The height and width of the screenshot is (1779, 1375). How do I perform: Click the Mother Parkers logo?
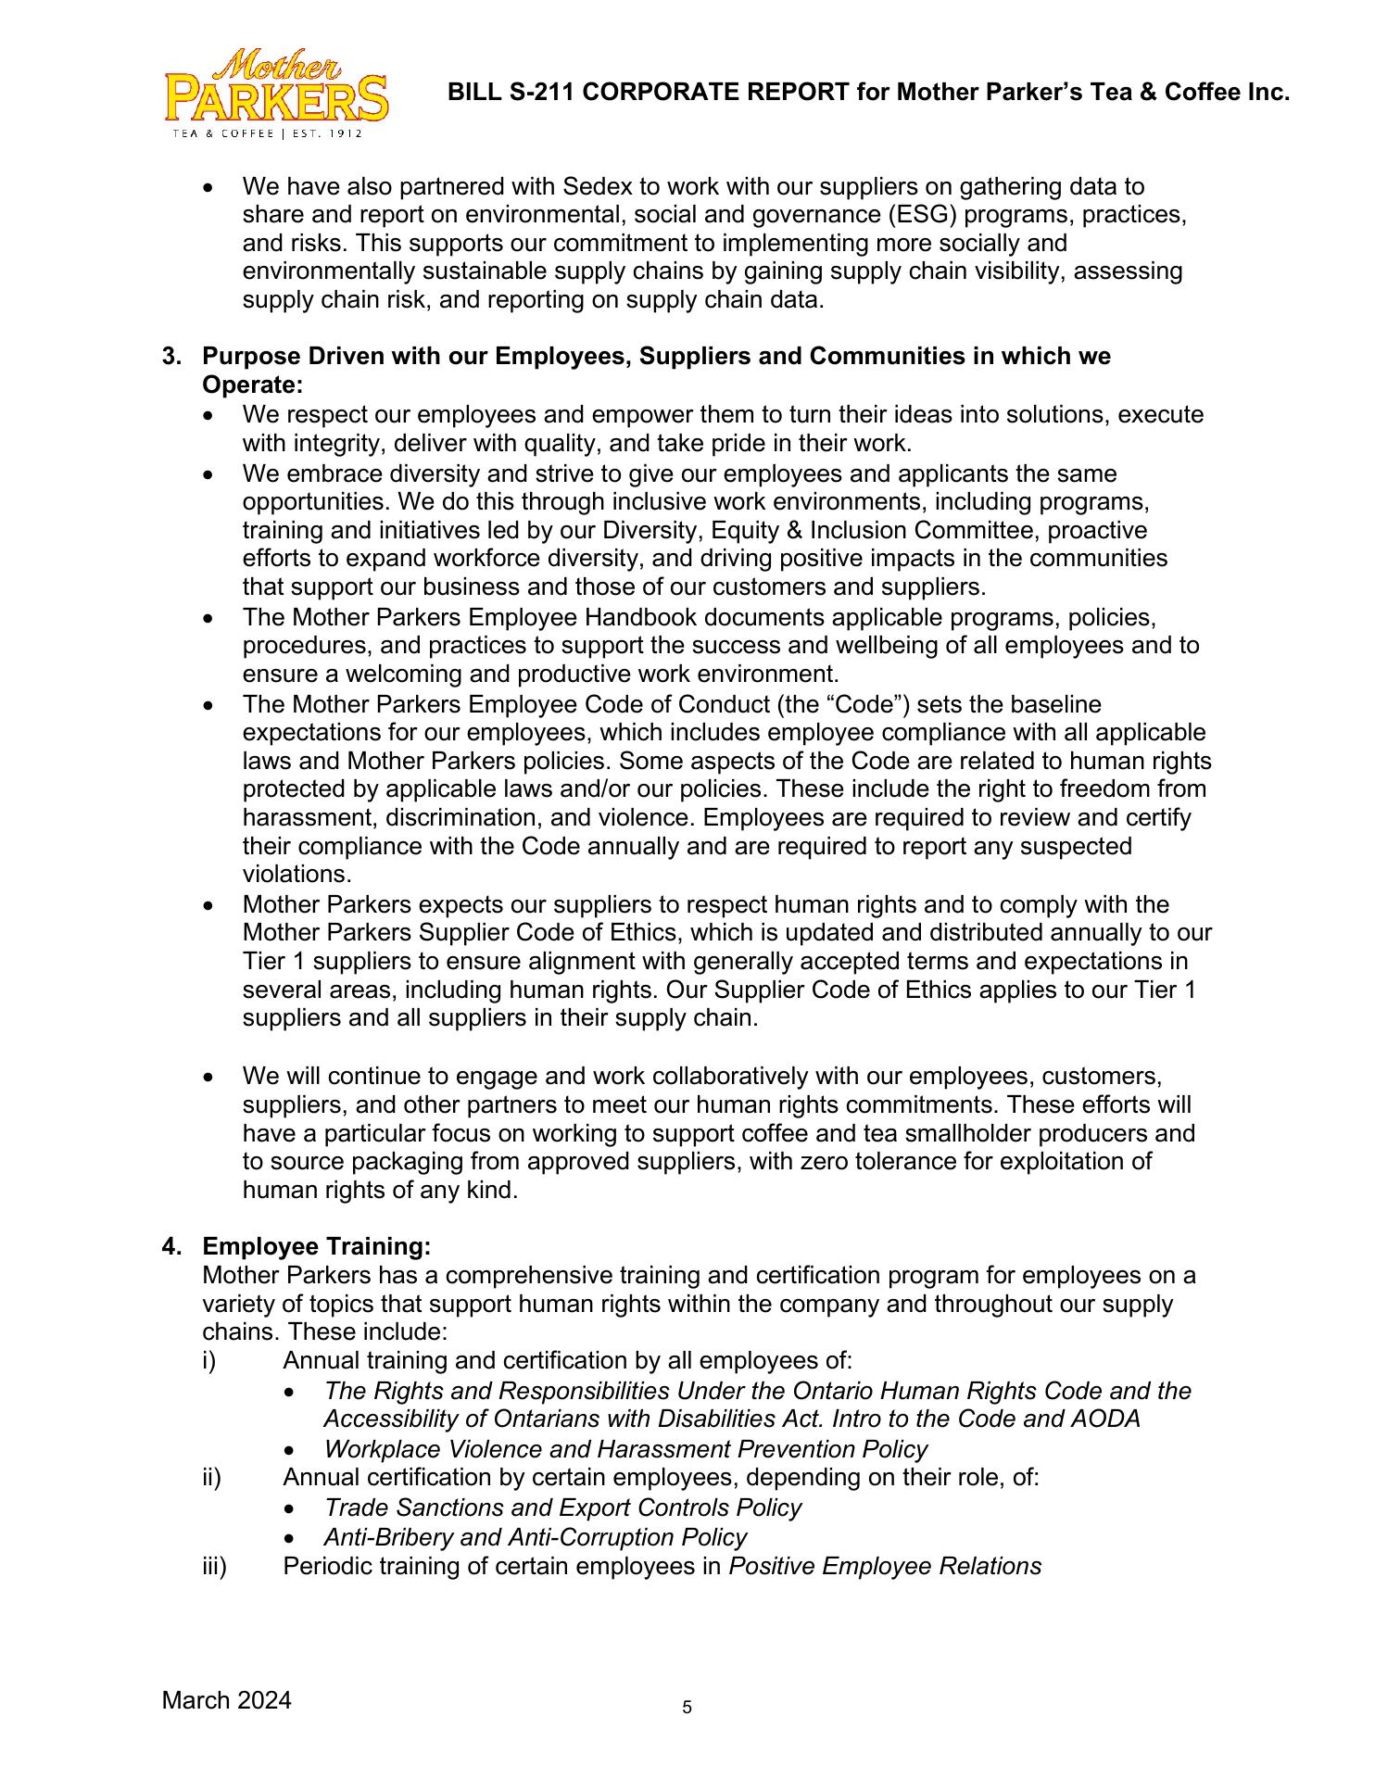tap(275, 94)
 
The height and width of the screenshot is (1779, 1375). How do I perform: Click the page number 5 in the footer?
tap(687, 1707)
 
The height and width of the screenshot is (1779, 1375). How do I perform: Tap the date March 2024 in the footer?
tap(226, 1699)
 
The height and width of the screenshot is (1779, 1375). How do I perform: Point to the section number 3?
tap(170, 357)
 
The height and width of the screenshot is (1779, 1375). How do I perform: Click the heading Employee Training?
tap(317, 1247)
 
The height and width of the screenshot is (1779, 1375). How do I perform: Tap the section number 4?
tap(170, 1247)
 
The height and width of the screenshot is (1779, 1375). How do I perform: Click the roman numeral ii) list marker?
tap(211, 1477)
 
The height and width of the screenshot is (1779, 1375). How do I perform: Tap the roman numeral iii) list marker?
tap(214, 1566)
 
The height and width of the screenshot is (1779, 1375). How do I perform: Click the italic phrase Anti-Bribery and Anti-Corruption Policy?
tap(535, 1537)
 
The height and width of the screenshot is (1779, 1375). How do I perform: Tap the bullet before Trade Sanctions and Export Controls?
tap(292, 1509)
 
